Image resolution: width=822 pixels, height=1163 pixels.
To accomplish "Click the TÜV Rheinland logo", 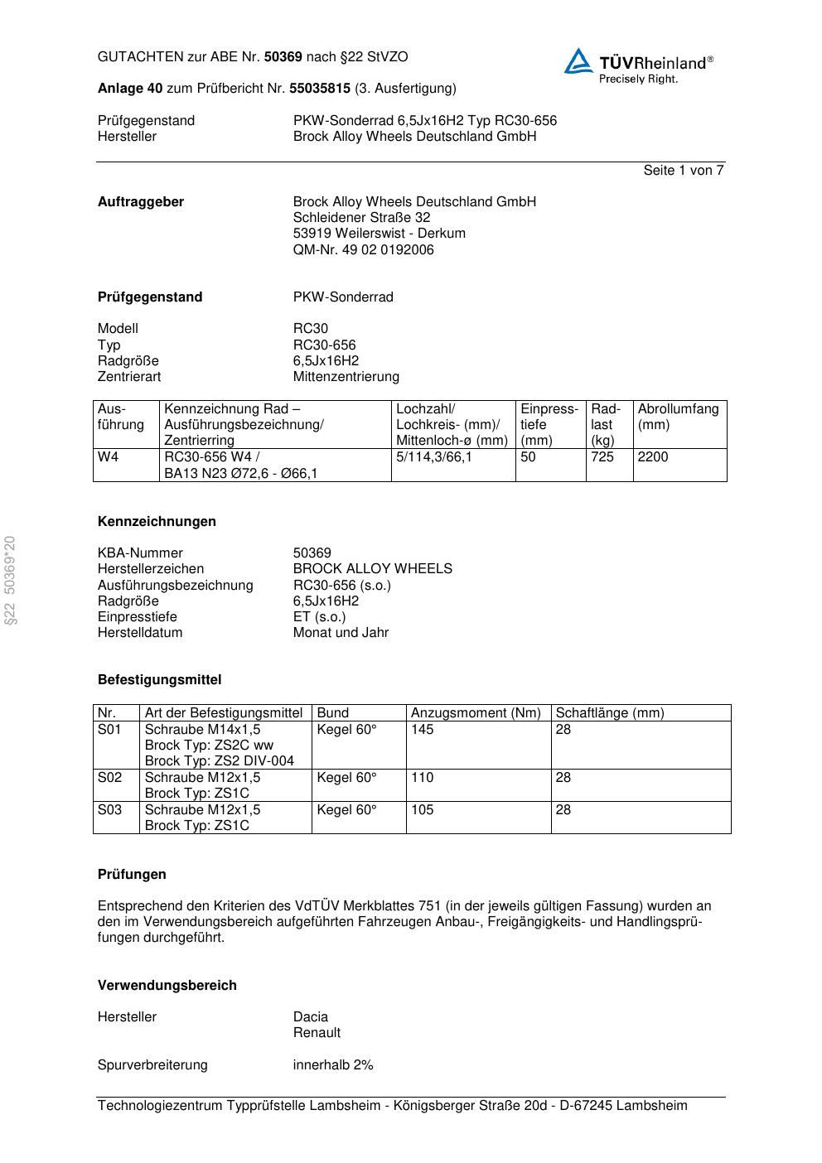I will click(638, 65).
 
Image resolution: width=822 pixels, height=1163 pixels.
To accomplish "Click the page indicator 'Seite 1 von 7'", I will click(683, 171).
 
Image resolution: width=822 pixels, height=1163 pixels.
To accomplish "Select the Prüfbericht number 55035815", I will click(319, 89).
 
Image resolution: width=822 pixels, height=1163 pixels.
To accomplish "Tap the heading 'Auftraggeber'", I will click(141, 202).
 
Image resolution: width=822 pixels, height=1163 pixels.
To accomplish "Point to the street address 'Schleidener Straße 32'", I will click(361, 218).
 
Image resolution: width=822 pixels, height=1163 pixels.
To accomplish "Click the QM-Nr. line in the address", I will click(363, 250).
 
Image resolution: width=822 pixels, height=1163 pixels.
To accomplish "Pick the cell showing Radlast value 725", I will click(602, 457).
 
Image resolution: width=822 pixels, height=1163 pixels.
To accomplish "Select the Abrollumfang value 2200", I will click(653, 457).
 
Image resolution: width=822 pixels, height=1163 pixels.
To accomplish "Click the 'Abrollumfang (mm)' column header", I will click(678, 417).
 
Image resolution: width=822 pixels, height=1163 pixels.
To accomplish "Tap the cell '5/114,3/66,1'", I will click(433, 457).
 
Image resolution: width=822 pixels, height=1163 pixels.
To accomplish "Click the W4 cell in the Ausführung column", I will click(108, 457).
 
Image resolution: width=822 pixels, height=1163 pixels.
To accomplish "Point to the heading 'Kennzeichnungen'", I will click(157, 522).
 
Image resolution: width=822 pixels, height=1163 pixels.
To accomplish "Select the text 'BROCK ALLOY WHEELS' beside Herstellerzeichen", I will click(372, 569).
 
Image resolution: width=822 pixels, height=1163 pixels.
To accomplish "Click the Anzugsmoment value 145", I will click(422, 730).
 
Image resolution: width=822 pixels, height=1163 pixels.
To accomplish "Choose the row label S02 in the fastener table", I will click(109, 778).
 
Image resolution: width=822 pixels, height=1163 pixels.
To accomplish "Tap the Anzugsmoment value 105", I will click(422, 810).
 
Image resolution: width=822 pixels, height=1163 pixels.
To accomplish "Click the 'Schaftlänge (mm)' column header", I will click(609, 713).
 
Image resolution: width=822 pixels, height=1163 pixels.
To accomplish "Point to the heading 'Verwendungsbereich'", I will click(167, 986).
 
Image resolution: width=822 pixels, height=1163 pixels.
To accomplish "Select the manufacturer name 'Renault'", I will click(317, 1033).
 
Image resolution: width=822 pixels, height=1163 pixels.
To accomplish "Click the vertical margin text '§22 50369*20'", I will click(11, 581).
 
